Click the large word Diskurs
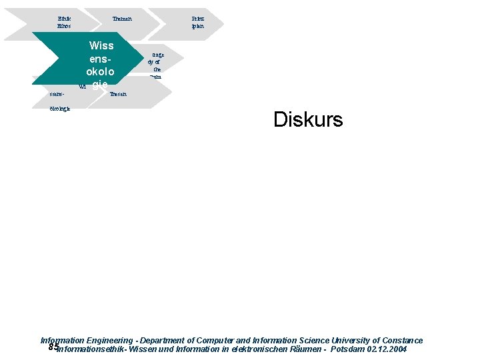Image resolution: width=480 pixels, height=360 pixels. [x=307, y=120]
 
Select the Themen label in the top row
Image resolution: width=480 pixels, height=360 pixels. [x=122, y=19]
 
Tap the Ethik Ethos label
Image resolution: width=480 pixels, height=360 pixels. [x=64, y=22]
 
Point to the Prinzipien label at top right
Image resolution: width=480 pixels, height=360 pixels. [x=197, y=22]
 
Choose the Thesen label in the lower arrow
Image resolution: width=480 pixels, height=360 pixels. [x=118, y=95]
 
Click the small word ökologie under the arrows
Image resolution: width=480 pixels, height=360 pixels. [x=59, y=109]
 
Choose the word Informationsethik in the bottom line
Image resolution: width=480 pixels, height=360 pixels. [x=92, y=349]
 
